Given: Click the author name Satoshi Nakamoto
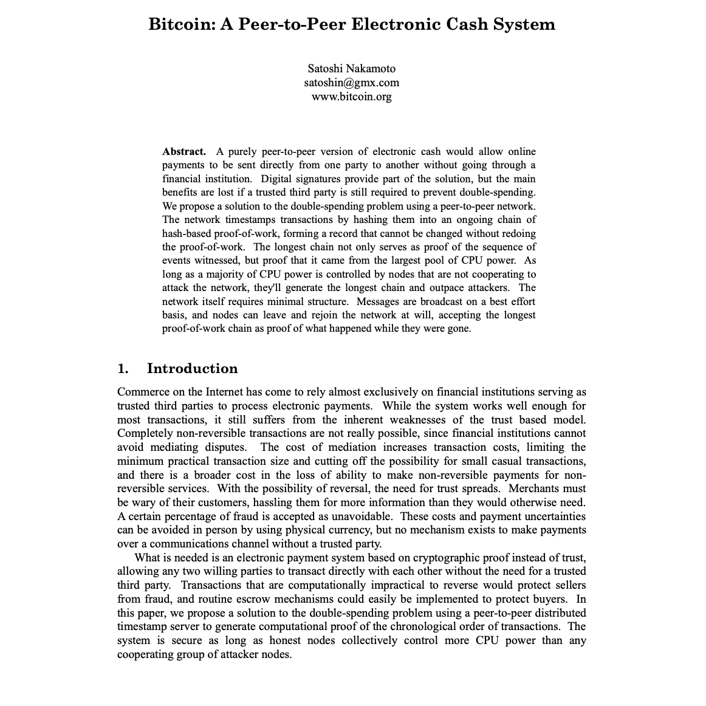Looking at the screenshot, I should coord(351,68).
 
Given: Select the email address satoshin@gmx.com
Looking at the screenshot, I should coord(351,82).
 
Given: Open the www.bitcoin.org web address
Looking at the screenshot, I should coord(351,96).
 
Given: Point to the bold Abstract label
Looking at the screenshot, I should coord(184,151).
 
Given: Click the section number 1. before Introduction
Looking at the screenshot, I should coord(123,369).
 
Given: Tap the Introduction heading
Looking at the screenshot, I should coord(192,369).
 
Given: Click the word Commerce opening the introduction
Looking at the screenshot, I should coord(143,392).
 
